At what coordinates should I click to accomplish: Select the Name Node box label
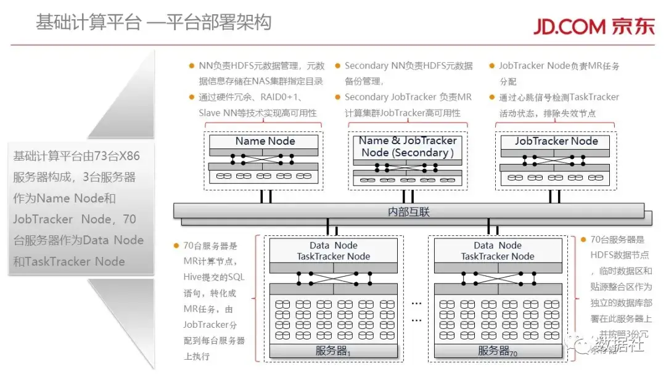265,141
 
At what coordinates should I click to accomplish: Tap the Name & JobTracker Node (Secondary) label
408,147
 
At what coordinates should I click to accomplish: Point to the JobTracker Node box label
556,141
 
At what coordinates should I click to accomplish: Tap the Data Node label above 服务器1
334,245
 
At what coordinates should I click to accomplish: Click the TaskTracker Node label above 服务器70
498,256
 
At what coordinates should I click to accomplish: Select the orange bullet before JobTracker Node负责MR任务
492,65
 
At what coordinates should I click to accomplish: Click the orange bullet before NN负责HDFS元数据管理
191,65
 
